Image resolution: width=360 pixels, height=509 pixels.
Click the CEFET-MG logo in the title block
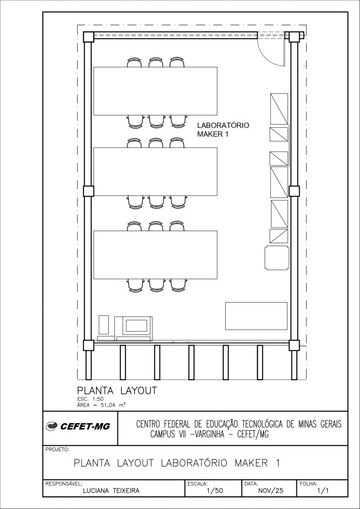(x=78, y=426)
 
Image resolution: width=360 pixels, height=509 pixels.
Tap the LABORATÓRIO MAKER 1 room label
(x=223, y=130)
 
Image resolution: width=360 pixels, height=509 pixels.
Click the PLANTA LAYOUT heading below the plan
(x=117, y=391)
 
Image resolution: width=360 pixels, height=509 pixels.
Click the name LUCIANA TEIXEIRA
(x=111, y=491)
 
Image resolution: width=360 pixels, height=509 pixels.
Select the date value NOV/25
(x=270, y=491)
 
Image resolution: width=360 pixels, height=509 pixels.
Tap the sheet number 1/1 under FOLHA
(x=323, y=491)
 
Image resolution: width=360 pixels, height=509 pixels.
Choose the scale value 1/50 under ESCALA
(x=215, y=491)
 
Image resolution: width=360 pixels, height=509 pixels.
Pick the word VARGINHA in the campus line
(x=208, y=434)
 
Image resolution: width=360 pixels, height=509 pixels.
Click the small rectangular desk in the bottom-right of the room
(x=257, y=316)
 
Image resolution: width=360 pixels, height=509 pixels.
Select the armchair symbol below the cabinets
(x=276, y=258)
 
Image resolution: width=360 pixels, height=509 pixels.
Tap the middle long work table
(x=156, y=171)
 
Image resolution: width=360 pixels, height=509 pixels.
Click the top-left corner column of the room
(x=89, y=37)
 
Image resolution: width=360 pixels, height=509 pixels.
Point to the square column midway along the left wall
(x=89, y=191)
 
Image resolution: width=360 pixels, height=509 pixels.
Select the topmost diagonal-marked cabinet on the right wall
(x=279, y=109)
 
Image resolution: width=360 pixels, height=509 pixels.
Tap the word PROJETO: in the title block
(x=57, y=450)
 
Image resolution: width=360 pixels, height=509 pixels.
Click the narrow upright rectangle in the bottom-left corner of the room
(x=104, y=324)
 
